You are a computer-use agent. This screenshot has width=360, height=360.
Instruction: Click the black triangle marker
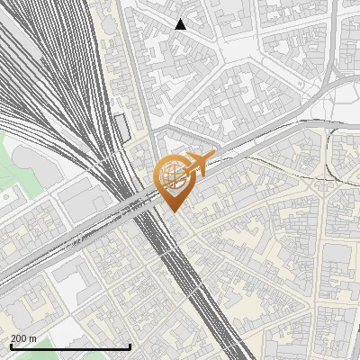point(180,24)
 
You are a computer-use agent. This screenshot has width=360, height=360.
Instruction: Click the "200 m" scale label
point(24,337)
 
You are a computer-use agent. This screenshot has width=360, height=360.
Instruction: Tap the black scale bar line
point(69,346)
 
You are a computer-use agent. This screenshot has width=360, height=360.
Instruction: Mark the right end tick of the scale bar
point(130,345)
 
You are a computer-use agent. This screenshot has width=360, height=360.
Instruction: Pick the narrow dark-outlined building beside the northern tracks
point(121,128)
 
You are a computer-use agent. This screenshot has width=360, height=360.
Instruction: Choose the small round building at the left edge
point(6,194)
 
